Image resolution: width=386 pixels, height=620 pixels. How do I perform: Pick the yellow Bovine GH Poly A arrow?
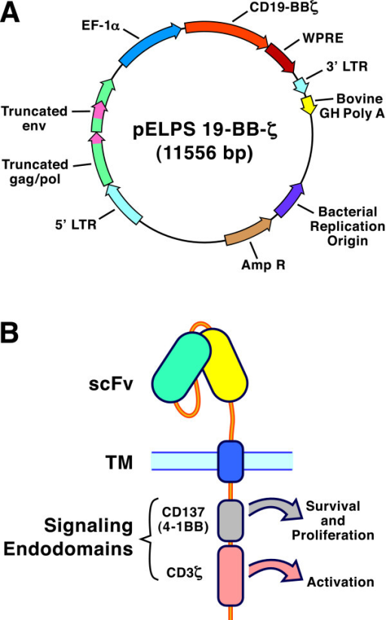pyautogui.click(x=308, y=103)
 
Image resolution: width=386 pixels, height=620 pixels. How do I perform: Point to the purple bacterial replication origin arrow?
pyautogui.click(x=288, y=200)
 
